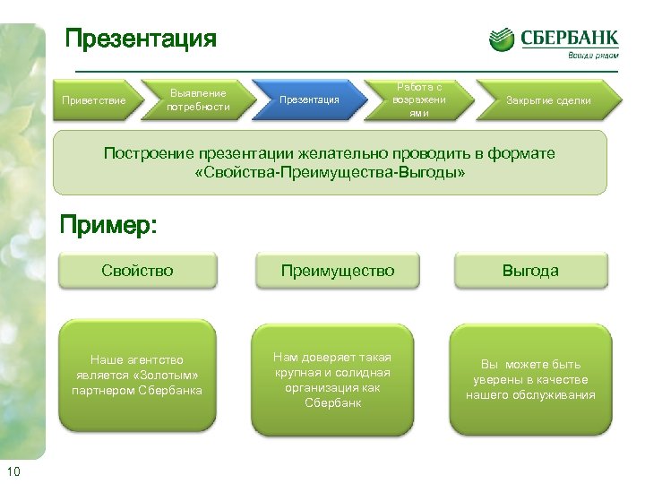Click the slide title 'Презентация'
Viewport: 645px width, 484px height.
[142, 39]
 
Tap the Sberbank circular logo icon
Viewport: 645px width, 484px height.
[502, 39]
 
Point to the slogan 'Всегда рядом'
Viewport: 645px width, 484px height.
[592, 55]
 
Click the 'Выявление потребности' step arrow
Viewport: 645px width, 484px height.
[199, 99]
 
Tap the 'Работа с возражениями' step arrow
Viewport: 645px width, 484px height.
[419, 99]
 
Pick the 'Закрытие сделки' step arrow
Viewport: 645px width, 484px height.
[548, 99]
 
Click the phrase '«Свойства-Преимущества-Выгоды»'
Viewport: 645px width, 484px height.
[330, 171]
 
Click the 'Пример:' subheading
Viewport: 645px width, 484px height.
[107, 225]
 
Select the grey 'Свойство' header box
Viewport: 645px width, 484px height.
[137, 270]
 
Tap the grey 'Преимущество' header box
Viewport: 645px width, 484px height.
[337, 270]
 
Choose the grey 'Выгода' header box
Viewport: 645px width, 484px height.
[530, 270]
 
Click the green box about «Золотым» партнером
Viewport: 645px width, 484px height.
[137, 376]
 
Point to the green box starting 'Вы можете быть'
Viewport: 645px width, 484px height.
[530, 379]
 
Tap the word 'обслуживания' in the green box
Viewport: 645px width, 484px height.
[556, 395]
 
